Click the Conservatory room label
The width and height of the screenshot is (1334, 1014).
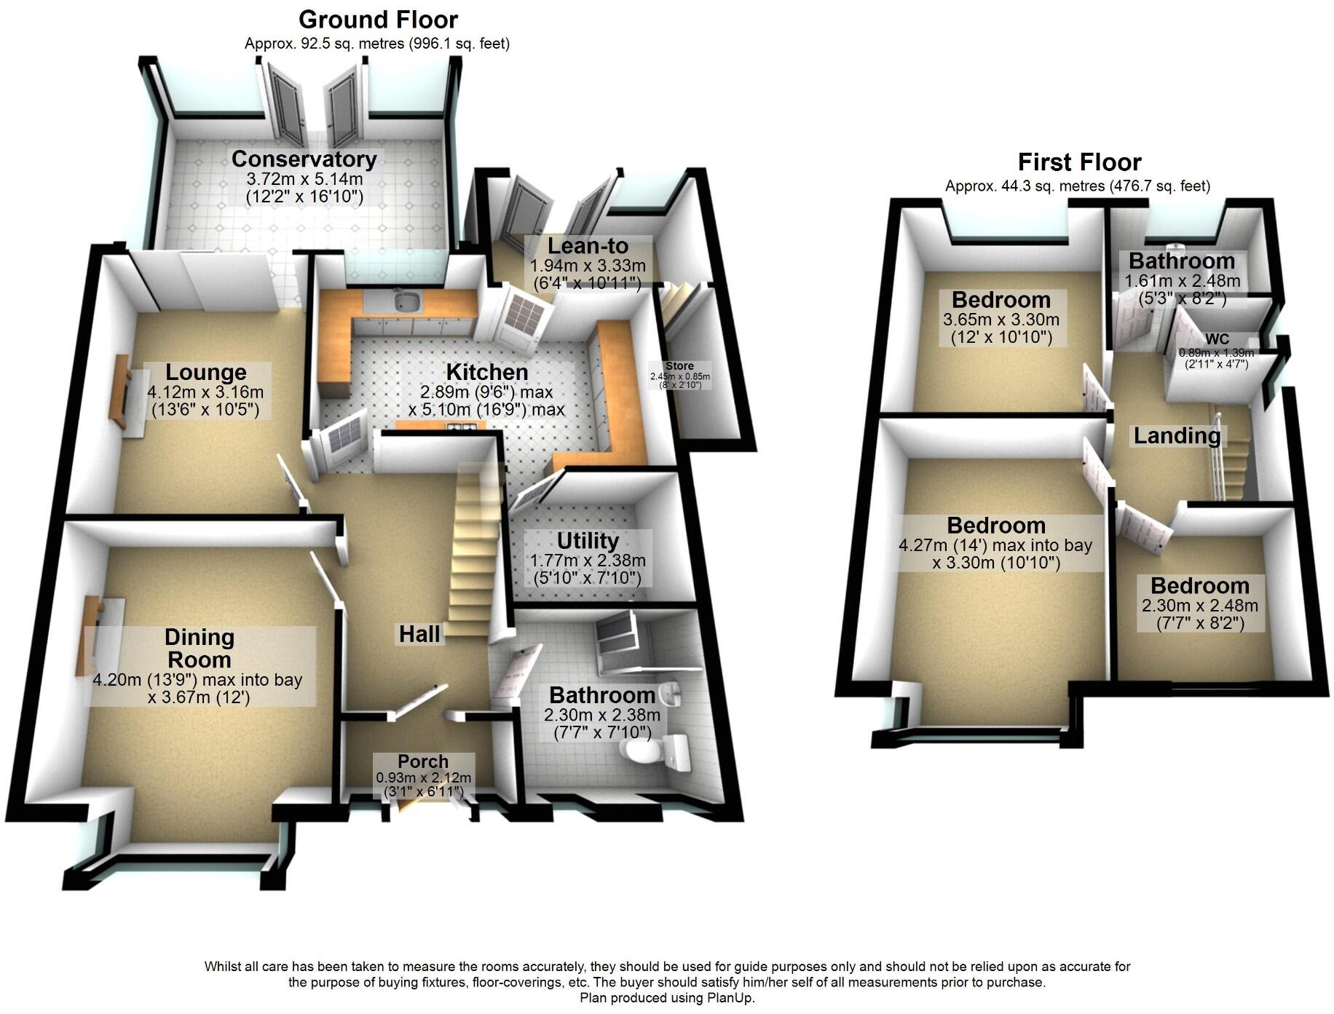(x=304, y=159)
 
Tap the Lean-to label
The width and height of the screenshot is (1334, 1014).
(x=588, y=246)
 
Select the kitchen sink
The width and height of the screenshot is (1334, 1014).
(x=406, y=300)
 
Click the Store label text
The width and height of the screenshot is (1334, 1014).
(x=679, y=366)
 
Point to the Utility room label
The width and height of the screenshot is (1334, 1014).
(x=588, y=541)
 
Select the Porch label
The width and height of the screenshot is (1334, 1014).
(x=423, y=761)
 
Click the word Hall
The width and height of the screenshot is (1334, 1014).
(x=419, y=634)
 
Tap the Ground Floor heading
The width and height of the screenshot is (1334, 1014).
(x=378, y=20)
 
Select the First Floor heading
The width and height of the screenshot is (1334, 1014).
(x=1079, y=162)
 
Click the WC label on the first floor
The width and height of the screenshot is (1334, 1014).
(x=1217, y=338)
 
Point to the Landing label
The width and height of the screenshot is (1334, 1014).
(x=1177, y=436)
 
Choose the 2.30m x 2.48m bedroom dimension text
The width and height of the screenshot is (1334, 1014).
(x=1200, y=606)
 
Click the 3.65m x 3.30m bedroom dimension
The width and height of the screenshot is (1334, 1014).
(x=1001, y=319)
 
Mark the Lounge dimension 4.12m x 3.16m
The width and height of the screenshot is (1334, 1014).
(x=205, y=392)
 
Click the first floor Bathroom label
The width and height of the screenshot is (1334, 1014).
(x=1182, y=261)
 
